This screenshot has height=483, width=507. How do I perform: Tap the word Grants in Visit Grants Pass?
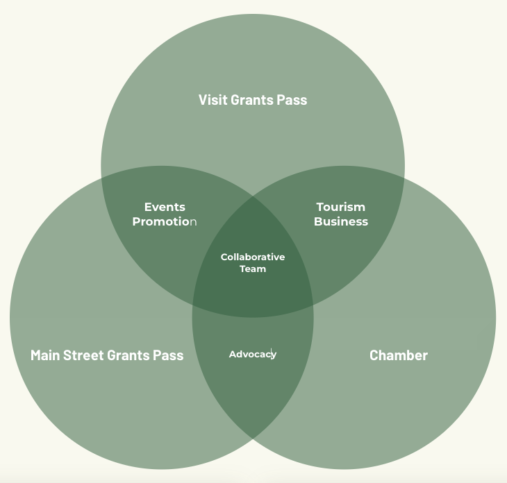(252, 100)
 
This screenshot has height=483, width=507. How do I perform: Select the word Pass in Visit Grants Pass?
(292, 100)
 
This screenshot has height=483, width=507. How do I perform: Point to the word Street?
(83, 355)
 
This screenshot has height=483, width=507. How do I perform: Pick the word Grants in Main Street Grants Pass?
(128, 355)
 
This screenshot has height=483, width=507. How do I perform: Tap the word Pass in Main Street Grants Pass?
(168, 355)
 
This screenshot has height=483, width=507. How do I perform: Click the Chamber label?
(399, 355)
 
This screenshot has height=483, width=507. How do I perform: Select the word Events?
(165, 207)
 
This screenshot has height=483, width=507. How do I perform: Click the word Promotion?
(165, 221)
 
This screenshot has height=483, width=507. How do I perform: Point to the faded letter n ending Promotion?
(193, 222)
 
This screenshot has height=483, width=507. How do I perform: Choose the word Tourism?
(340, 207)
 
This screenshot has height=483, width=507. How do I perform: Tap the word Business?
(341, 221)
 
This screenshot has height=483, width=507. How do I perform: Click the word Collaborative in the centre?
(253, 257)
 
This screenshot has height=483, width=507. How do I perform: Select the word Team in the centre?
(253, 269)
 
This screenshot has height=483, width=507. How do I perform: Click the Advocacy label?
(253, 355)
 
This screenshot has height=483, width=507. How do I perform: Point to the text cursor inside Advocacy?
(272, 354)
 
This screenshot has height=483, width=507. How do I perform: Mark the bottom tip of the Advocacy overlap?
(253, 439)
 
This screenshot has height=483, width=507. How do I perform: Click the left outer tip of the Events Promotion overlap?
(101, 178)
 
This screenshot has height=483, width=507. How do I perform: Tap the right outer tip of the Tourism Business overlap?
(404, 178)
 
